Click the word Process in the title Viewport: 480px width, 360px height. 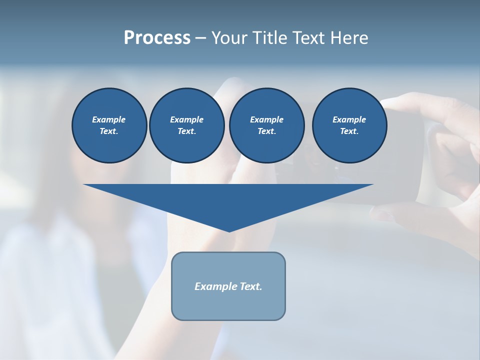point(157,38)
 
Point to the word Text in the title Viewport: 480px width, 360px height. point(310,38)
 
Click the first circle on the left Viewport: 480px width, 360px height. point(109,125)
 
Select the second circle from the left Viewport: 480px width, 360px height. point(186,125)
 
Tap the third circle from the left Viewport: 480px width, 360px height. point(266,125)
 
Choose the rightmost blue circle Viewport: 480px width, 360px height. point(349,125)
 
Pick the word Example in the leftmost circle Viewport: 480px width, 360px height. point(109,119)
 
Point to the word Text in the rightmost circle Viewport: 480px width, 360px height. point(349,131)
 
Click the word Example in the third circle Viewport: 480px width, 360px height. point(266,119)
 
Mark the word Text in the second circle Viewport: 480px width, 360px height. point(186,131)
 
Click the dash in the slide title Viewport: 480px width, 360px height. point(200,38)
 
